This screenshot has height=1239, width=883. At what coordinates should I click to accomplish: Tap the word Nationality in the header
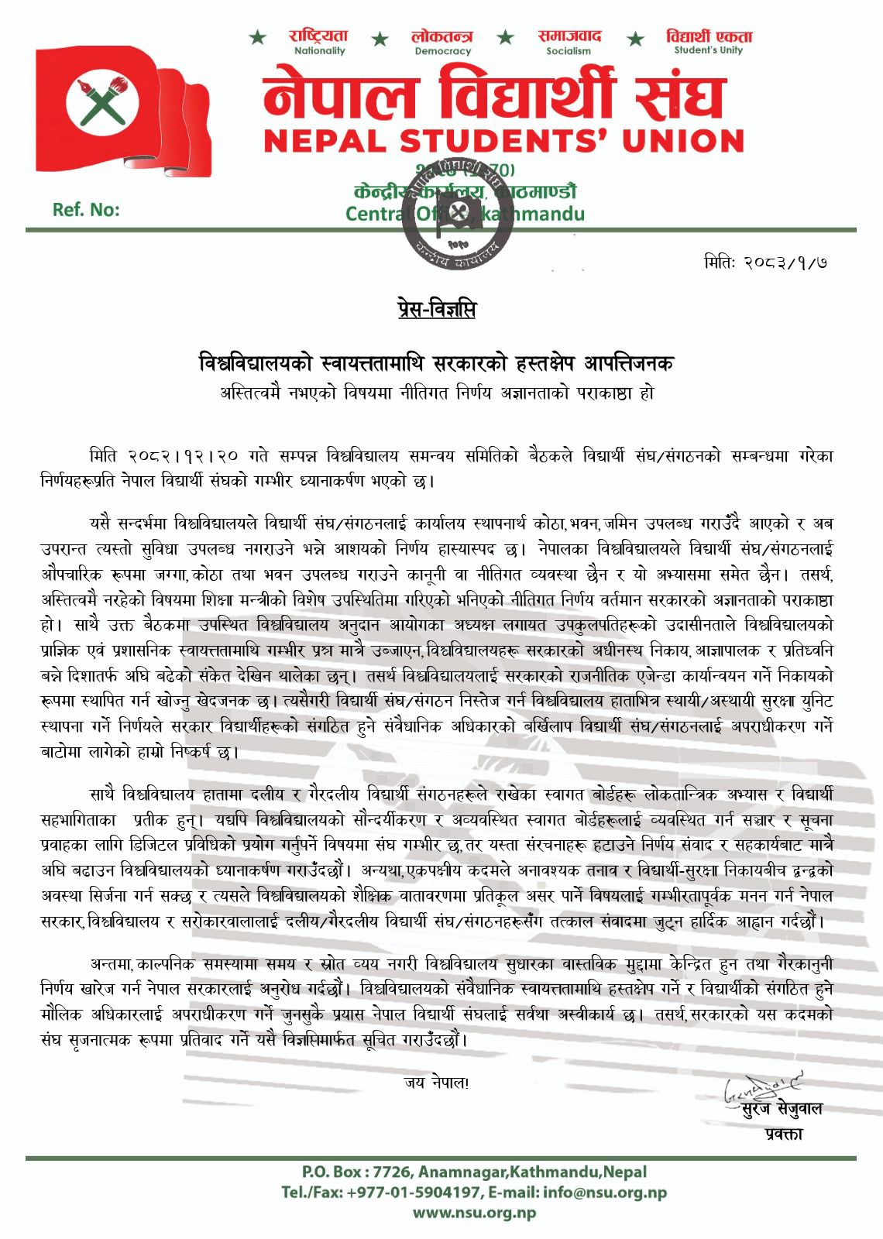click(x=319, y=51)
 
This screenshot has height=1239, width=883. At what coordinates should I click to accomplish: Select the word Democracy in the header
click(x=442, y=51)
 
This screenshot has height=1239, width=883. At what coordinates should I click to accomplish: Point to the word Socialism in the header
click(x=569, y=51)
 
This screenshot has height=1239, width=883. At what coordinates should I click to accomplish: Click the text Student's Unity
click(x=708, y=50)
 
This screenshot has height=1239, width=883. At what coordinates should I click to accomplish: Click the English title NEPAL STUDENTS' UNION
click(x=503, y=141)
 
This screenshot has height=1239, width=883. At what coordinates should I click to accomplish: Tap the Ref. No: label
click(x=86, y=210)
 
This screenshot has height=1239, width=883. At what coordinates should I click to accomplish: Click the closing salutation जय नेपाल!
click(x=436, y=1083)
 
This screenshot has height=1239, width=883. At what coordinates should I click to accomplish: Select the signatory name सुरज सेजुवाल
click(x=781, y=1109)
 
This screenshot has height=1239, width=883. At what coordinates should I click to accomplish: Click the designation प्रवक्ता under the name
click(x=782, y=1134)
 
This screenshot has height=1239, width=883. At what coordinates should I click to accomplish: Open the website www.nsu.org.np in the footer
click(x=474, y=1213)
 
